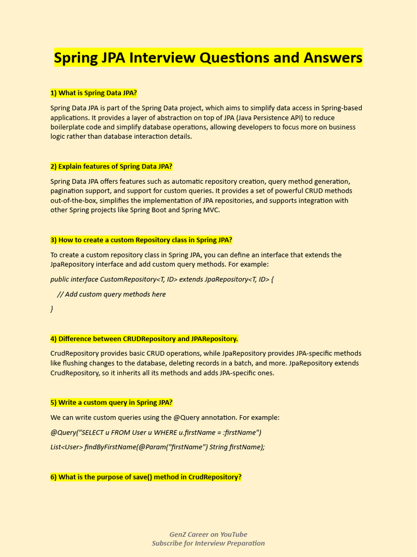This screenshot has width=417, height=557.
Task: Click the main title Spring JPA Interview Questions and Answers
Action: [208, 57]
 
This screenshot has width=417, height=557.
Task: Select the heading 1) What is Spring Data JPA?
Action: [93, 93]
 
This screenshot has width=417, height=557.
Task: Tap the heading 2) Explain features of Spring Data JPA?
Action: [111, 166]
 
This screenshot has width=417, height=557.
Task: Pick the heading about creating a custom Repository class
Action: [141, 240]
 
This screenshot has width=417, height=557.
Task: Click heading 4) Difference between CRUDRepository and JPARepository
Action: [144, 339]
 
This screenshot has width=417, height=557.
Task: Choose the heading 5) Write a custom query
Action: [111, 403]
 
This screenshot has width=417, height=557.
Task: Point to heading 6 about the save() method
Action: [146, 477]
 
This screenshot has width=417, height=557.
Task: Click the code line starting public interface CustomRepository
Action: [162, 280]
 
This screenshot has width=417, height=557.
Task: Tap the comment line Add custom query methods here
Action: [111, 294]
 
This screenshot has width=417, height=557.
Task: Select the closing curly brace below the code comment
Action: [52, 309]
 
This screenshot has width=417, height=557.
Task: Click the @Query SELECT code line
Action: [156, 432]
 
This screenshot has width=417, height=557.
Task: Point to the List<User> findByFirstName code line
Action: [157, 447]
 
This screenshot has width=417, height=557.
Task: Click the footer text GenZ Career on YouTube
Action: [208, 534]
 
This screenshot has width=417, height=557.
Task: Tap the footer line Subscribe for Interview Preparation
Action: [208, 543]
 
